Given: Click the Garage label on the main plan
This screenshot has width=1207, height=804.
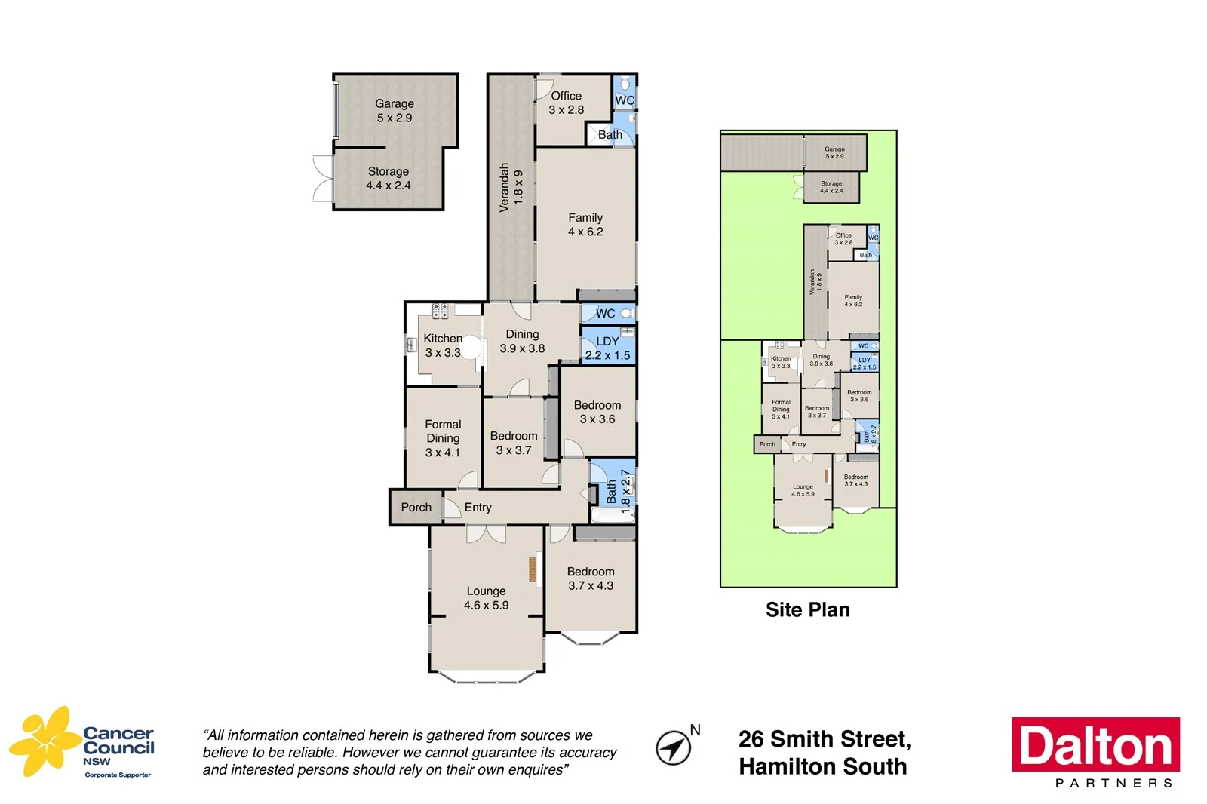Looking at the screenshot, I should coord(394,104).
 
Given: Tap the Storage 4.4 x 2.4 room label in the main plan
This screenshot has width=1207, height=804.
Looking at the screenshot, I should coord(388,178).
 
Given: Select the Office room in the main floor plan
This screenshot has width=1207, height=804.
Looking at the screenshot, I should coord(566,103).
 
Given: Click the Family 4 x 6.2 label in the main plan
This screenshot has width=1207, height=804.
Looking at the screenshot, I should coord(585,224).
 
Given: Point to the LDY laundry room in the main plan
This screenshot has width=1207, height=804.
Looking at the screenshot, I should coord(607,348).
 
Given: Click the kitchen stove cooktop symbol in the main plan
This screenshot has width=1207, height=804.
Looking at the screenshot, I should coord(440,310).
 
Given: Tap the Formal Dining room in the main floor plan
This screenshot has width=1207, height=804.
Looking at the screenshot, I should coord(443,437).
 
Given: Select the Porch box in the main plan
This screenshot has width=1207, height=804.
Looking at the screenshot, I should coord(416,507).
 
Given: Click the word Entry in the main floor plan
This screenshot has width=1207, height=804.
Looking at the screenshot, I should coord(478,507).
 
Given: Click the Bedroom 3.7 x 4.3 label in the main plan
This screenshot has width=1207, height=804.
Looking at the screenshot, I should coord(591,578).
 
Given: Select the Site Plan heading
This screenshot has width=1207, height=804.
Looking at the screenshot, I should coord(807,609).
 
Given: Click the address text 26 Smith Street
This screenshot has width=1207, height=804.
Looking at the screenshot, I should coord(824,739).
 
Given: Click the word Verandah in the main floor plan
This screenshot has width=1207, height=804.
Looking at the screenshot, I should coord(504,187).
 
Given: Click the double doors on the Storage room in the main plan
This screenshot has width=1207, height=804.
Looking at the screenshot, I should coord(323,179).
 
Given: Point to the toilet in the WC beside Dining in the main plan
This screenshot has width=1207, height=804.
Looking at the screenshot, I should coord(626,313).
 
